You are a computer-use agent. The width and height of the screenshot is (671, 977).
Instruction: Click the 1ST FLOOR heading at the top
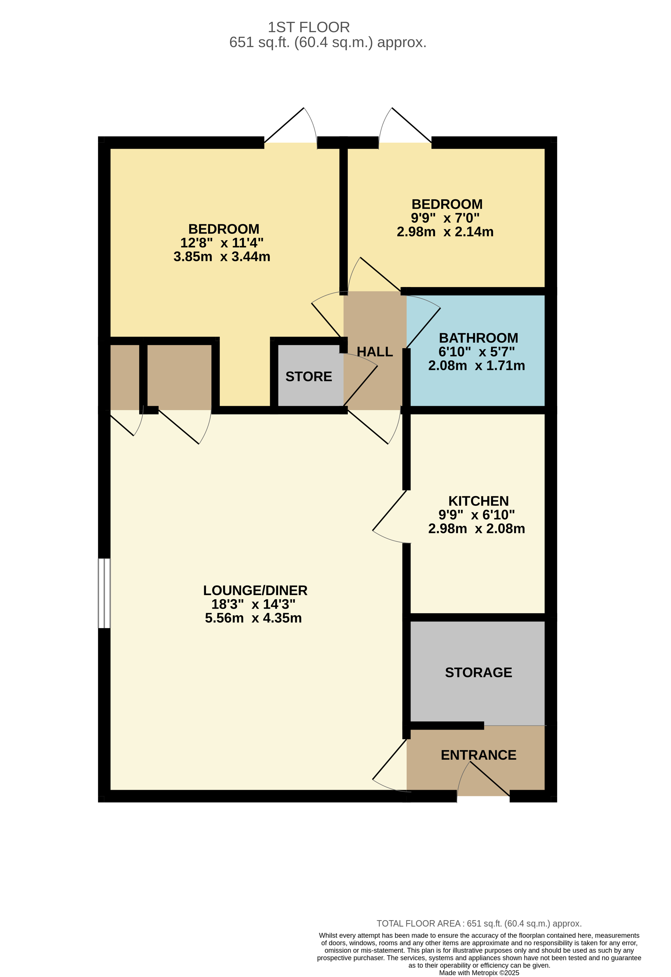pos(308,27)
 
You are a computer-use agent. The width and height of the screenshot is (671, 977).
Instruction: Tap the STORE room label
pos(308,376)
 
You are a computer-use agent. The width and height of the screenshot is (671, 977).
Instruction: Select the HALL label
pos(374,352)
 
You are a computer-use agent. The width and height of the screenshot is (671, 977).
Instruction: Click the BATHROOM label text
pos(478,338)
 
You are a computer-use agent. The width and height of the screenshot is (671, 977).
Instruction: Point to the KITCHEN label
pos(478,501)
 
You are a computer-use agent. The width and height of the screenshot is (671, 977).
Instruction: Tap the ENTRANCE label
pos(478,755)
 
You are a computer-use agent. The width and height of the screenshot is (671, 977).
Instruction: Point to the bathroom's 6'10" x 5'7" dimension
pos(476,352)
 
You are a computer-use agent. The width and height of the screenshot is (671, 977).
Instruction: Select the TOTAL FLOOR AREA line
pos(479,923)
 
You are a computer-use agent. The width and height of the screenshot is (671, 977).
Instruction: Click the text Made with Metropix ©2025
pos(479,972)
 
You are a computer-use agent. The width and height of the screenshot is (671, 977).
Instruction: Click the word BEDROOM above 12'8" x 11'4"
pos(223,229)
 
